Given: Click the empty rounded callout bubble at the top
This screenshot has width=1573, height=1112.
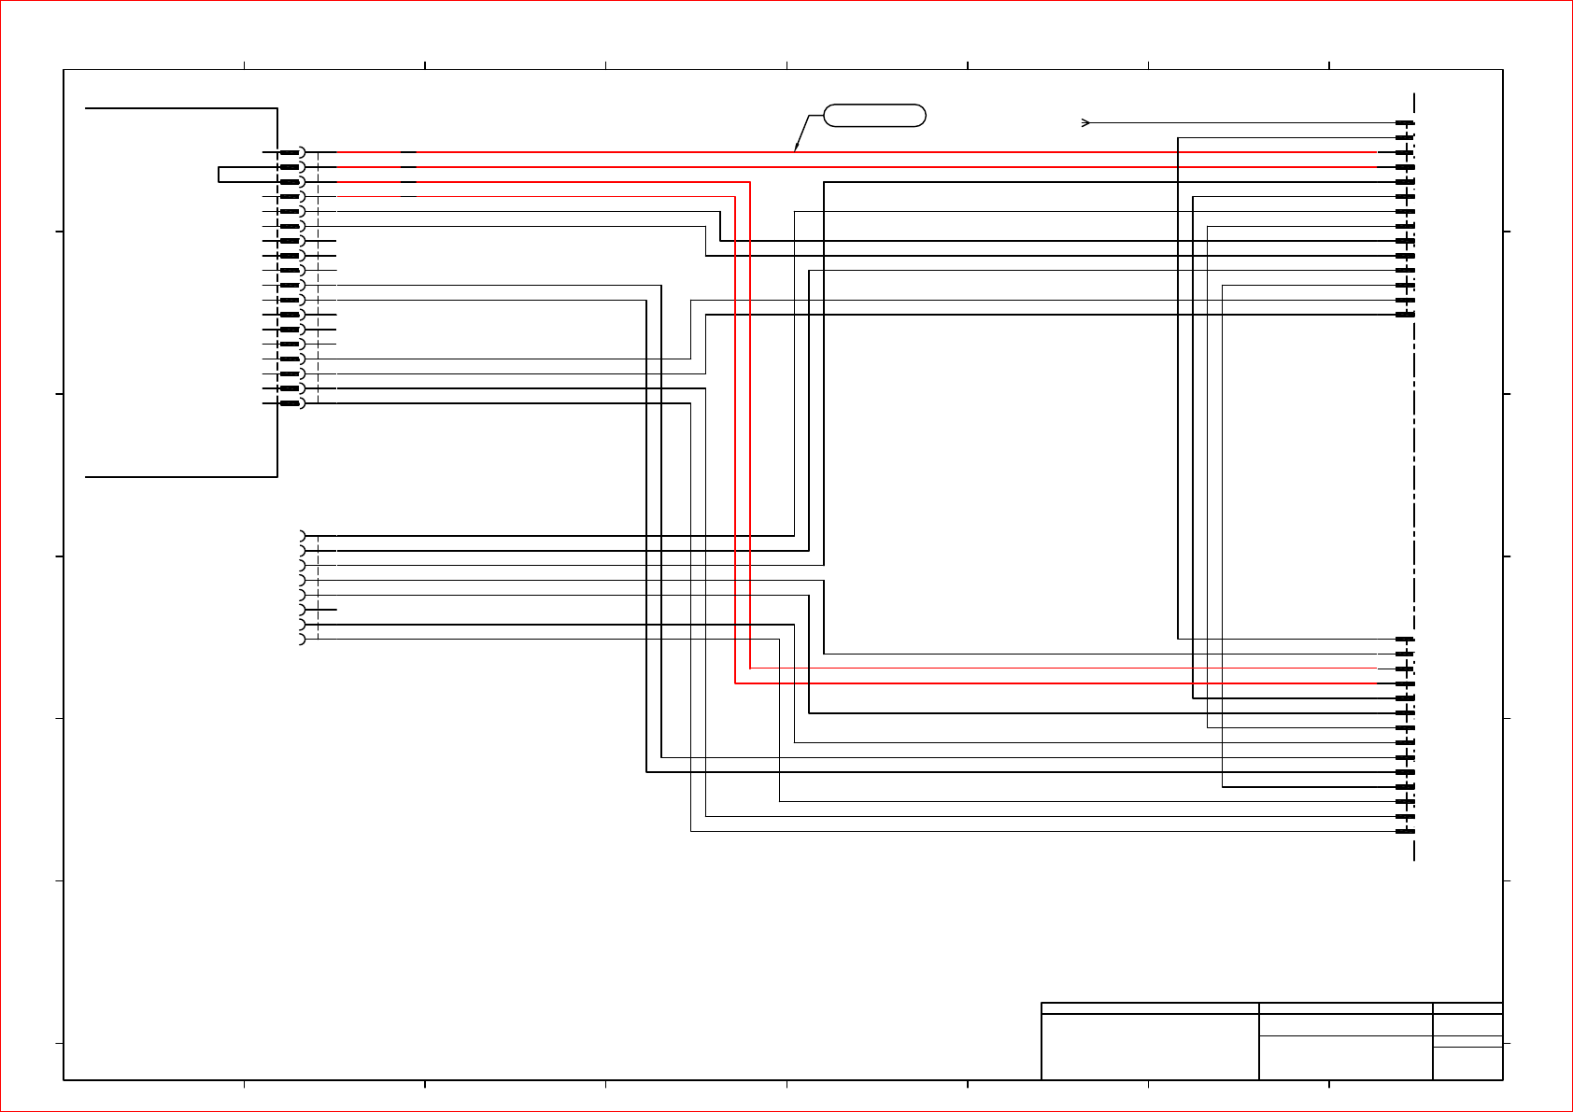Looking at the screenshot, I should click(874, 116).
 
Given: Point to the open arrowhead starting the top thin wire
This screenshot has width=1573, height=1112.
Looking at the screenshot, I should click(1086, 122).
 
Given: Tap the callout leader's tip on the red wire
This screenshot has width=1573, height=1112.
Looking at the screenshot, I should click(796, 149).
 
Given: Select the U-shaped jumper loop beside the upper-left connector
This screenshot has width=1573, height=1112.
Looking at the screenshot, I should click(220, 175).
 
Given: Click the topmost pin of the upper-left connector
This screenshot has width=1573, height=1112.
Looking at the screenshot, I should click(291, 152).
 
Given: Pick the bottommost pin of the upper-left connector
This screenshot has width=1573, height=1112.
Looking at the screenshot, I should click(291, 403).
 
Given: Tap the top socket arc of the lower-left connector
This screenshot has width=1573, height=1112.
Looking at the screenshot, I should click(303, 536).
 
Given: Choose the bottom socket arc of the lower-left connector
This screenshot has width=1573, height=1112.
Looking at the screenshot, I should click(303, 639).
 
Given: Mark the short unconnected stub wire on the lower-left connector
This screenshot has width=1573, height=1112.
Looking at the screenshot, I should click(327, 610).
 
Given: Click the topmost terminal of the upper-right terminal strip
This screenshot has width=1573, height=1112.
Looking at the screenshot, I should click(1405, 122).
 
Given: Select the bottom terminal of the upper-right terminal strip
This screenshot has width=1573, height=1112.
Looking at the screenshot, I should click(1405, 315).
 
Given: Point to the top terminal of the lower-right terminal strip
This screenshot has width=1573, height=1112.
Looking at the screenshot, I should click(1405, 640).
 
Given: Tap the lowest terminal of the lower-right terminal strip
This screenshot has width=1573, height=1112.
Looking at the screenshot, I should click(1405, 831).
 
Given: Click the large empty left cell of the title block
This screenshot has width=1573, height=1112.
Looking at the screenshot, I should click(1150, 1047).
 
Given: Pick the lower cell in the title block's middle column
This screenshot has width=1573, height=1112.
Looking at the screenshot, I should click(1345, 1058).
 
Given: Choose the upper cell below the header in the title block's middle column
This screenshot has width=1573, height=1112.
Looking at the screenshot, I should click(1345, 1025).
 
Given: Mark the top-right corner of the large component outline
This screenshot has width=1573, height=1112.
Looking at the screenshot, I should click(277, 108).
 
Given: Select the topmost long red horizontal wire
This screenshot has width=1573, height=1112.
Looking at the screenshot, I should click(841, 152).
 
